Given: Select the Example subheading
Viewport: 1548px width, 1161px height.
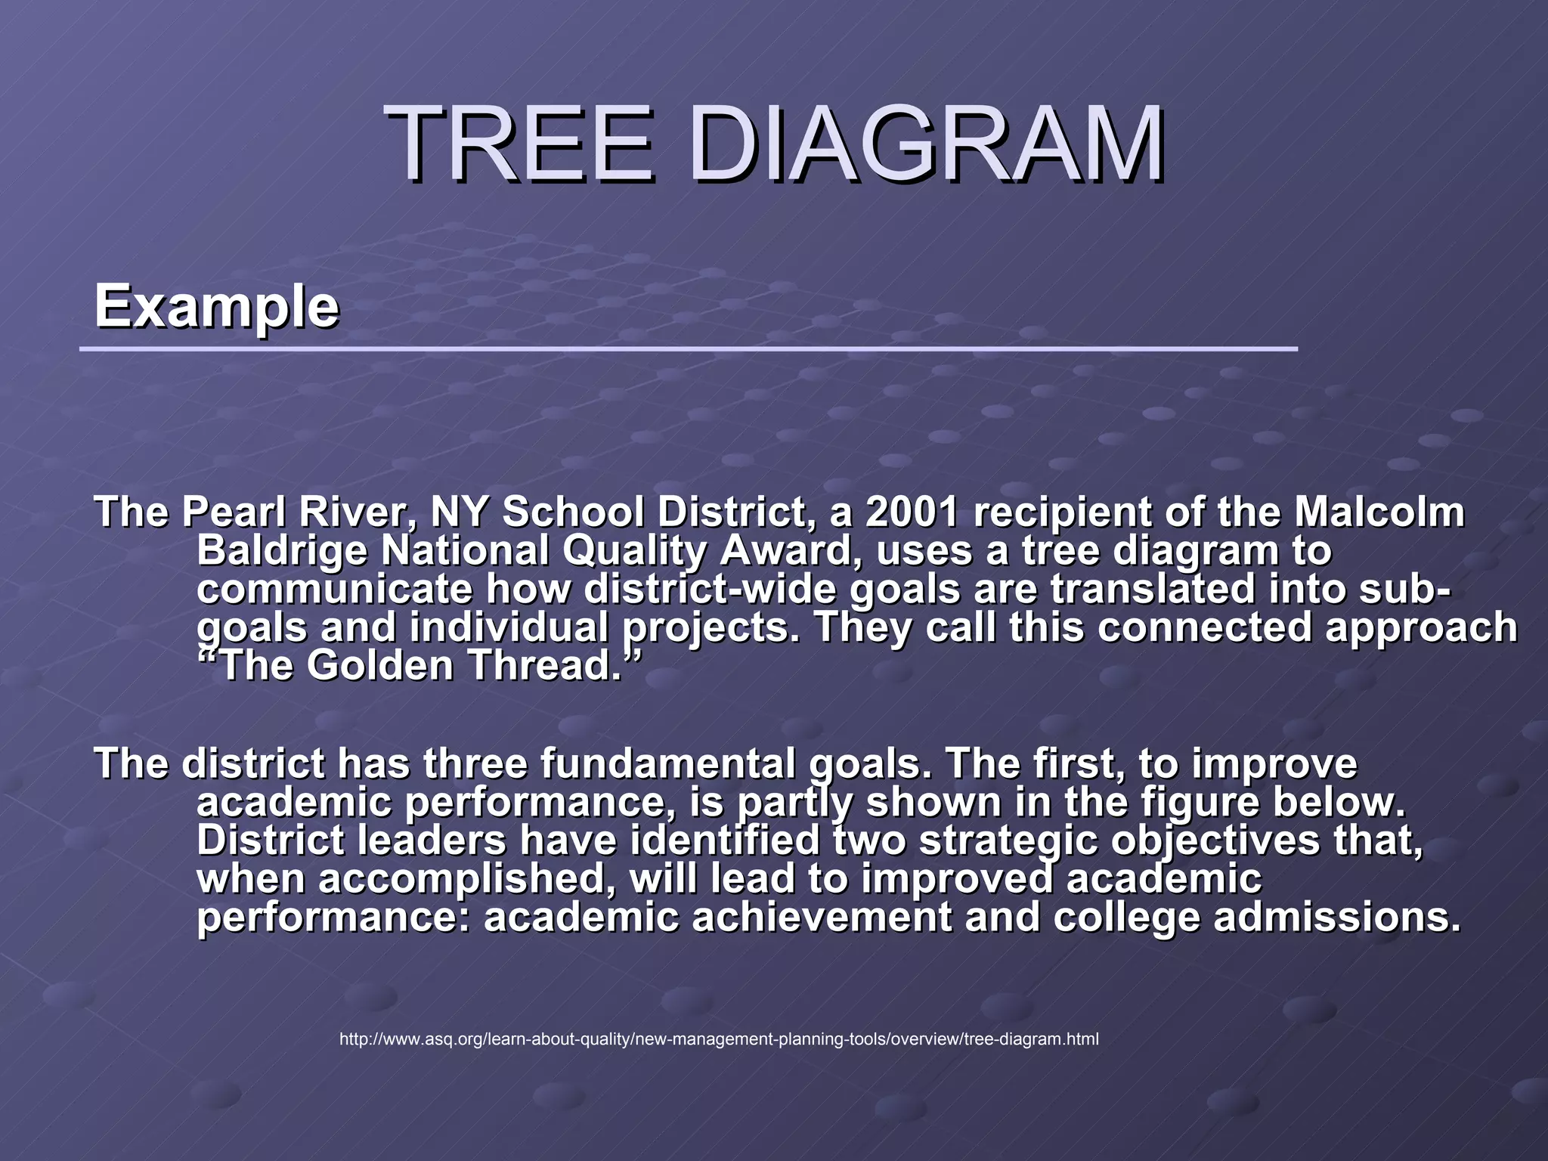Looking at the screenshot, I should point(216,307).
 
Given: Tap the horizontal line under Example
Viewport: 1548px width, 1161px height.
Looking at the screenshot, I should point(688,349).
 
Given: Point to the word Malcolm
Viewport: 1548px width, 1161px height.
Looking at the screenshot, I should point(1379,513).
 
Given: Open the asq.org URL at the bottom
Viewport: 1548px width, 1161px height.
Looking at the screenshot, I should point(719,1039).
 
